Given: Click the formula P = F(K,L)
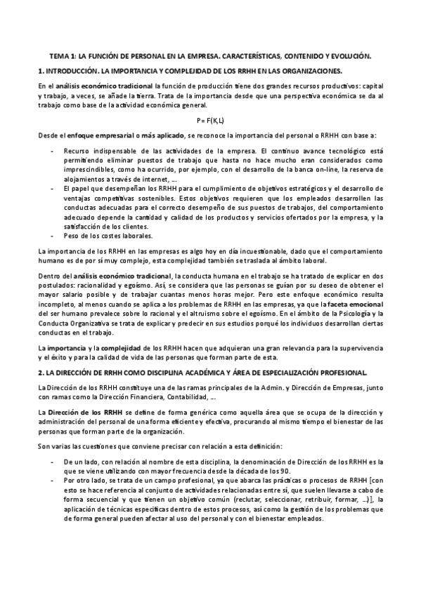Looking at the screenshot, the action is point(210,120).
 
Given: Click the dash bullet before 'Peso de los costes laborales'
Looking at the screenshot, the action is point(53,236).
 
